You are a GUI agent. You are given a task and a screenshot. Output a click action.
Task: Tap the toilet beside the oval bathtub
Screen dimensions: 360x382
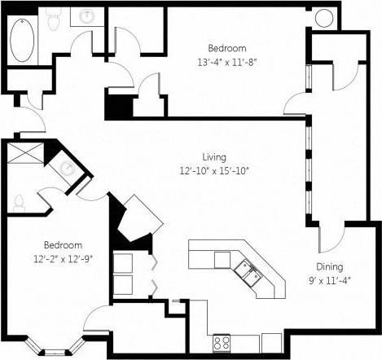coord(54,20)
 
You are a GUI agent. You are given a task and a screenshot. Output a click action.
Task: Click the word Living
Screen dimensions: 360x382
coord(214,156)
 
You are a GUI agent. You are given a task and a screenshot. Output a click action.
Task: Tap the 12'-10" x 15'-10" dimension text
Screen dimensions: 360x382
coord(214,170)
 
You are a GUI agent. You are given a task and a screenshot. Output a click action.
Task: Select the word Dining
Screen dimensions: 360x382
coord(330,266)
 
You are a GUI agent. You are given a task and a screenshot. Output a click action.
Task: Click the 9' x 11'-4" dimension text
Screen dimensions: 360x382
coord(330,280)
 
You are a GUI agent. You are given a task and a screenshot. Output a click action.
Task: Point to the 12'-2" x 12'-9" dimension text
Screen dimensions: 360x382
coord(63,260)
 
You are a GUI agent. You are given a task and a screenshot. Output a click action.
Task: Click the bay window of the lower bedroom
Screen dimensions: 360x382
coord(54,349)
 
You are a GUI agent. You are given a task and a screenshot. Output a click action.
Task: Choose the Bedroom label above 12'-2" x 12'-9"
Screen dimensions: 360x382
coord(63,245)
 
